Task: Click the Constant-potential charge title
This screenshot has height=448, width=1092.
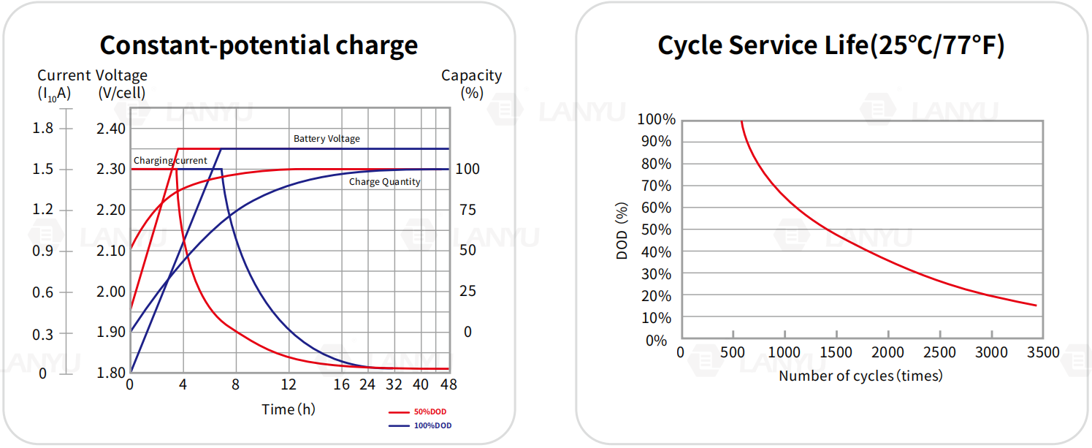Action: click(x=259, y=45)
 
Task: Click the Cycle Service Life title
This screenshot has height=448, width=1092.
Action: click(x=831, y=45)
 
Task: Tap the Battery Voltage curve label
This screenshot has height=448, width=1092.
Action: click(x=327, y=138)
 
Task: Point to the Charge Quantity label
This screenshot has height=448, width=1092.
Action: click(x=384, y=181)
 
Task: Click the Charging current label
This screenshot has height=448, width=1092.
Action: click(x=170, y=160)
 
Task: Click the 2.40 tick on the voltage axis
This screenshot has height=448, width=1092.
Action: click(x=112, y=129)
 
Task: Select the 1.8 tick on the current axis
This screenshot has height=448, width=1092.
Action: click(x=45, y=129)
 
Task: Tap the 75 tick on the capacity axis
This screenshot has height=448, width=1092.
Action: click(x=467, y=210)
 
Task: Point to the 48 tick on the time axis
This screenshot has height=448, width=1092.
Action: click(x=449, y=384)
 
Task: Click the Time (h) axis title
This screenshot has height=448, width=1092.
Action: click(x=289, y=409)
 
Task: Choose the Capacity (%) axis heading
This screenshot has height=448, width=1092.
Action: click(x=472, y=83)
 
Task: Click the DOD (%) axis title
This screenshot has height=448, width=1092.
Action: click(x=622, y=231)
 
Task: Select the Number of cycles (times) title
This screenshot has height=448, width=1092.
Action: click(x=860, y=376)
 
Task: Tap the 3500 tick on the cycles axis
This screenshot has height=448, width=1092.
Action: click(x=1043, y=352)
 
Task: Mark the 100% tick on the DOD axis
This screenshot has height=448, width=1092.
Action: click(x=657, y=119)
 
